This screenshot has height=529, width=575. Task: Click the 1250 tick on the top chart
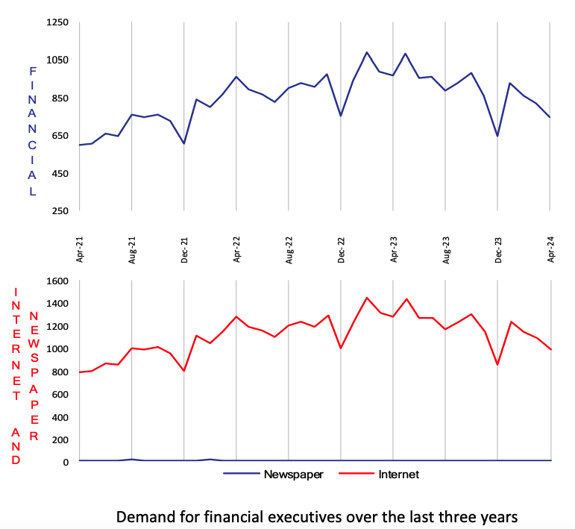point(58,22)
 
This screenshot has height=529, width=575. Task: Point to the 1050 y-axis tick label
point(58,60)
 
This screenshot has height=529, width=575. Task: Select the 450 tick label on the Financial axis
point(60,173)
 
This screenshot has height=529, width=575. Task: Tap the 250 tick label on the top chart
point(60,210)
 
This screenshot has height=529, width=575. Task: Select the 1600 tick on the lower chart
point(58,281)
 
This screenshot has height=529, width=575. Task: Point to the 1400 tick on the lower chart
point(58,304)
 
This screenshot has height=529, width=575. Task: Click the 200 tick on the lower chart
point(60,439)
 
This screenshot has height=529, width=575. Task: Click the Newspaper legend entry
point(293,474)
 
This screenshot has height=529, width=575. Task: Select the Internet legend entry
point(398,474)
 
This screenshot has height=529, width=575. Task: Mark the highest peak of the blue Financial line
point(367,52)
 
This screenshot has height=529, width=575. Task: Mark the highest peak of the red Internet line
point(367,298)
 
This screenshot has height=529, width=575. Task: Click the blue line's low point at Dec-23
point(497,136)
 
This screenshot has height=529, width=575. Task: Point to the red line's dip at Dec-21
point(183,371)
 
